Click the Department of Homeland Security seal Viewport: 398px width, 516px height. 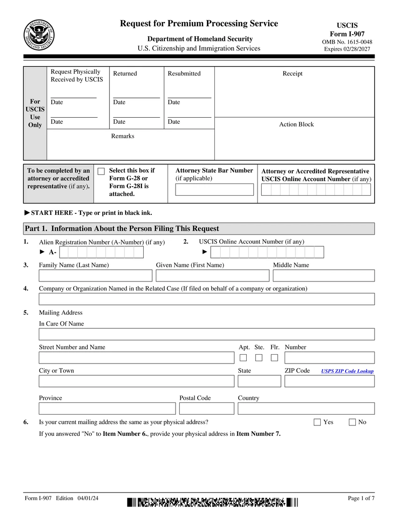[x=39, y=35]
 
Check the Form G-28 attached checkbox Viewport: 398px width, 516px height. [x=101, y=171]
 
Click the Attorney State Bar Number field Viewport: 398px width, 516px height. [x=214, y=190]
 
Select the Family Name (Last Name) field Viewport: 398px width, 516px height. [x=96, y=275]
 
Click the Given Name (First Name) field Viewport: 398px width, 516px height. [x=213, y=275]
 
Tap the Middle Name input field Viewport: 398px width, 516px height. [x=324, y=275]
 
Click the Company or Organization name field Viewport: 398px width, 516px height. [x=206, y=299]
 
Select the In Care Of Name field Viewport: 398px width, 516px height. [x=206, y=334]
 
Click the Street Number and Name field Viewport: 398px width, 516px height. [x=136, y=357]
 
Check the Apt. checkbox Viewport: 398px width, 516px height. [x=243, y=358]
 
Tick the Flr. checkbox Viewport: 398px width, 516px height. [x=274, y=358]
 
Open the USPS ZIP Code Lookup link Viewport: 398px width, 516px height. [x=347, y=371]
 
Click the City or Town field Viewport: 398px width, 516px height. [x=136, y=381]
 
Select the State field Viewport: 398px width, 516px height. [x=259, y=381]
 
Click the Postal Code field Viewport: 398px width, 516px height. [x=206, y=408]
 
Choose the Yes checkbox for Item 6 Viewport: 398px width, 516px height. [x=317, y=422]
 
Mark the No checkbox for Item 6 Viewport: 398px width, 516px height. [x=353, y=422]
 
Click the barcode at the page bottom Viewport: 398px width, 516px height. [x=212, y=502]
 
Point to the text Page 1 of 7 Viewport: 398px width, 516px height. [x=361, y=498]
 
